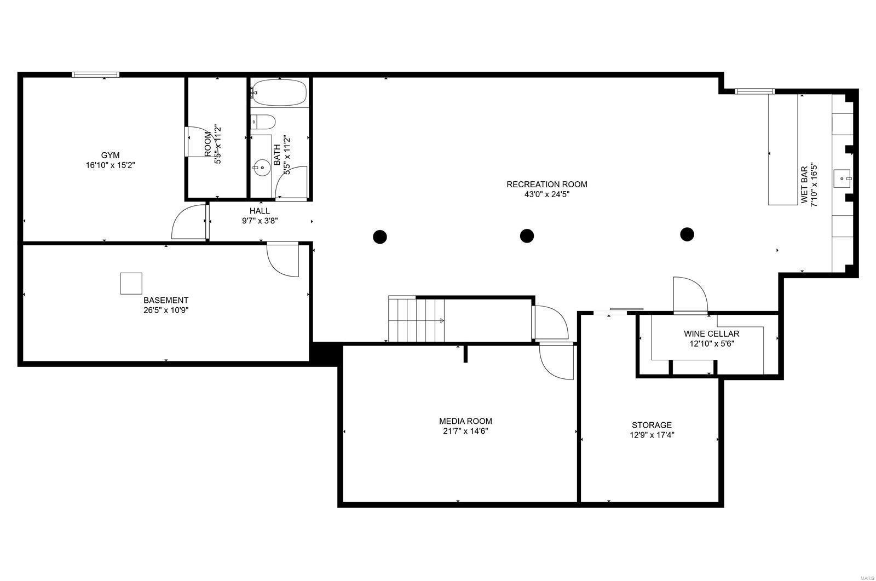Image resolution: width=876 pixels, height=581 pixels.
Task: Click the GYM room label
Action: point(110,155)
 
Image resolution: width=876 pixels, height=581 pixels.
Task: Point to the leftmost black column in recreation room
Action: point(380,237)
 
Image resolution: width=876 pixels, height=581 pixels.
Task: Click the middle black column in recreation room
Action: point(527,235)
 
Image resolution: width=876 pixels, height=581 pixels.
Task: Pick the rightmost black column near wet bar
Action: point(687,234)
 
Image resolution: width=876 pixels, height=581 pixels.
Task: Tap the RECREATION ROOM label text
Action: point(546,184)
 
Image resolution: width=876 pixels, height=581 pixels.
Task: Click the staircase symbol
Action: point(416,319)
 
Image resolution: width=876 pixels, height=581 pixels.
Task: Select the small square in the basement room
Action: point(131,283)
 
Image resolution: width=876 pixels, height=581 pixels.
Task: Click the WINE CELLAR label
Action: point(711,333)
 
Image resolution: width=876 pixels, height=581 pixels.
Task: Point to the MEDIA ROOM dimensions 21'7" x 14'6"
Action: point(465,431)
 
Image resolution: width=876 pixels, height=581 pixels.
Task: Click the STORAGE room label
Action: point(652,425)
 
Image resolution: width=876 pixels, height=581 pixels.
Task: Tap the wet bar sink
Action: point(842,178)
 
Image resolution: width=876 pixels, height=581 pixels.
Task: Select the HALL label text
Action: point(260,211)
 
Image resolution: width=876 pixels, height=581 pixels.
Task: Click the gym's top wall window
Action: point(96,74)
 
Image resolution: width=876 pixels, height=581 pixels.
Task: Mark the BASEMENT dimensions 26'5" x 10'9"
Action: point(166,310)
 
